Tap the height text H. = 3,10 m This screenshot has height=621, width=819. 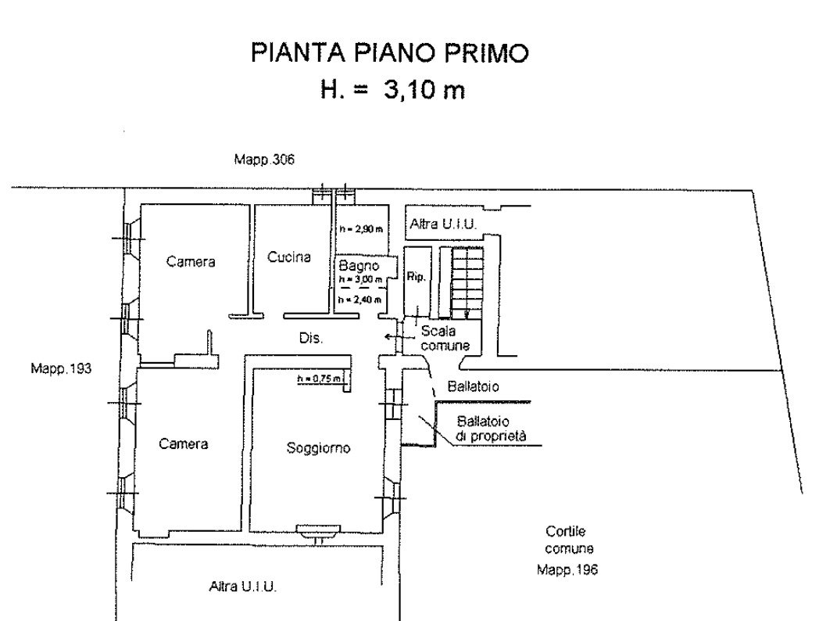coord(392,90)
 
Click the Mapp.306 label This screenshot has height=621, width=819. coord(264,160)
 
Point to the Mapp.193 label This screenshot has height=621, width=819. coord(61,367)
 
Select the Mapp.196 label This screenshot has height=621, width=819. coord(567,570)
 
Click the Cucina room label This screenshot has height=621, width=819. coord(289,257)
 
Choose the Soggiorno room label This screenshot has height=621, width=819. coord(318,448)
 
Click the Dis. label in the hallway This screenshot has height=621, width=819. coord(311,339)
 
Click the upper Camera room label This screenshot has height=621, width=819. coord(190,262)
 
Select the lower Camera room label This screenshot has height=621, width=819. coord(184,443)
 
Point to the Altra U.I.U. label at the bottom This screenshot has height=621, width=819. coord(242,586)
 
